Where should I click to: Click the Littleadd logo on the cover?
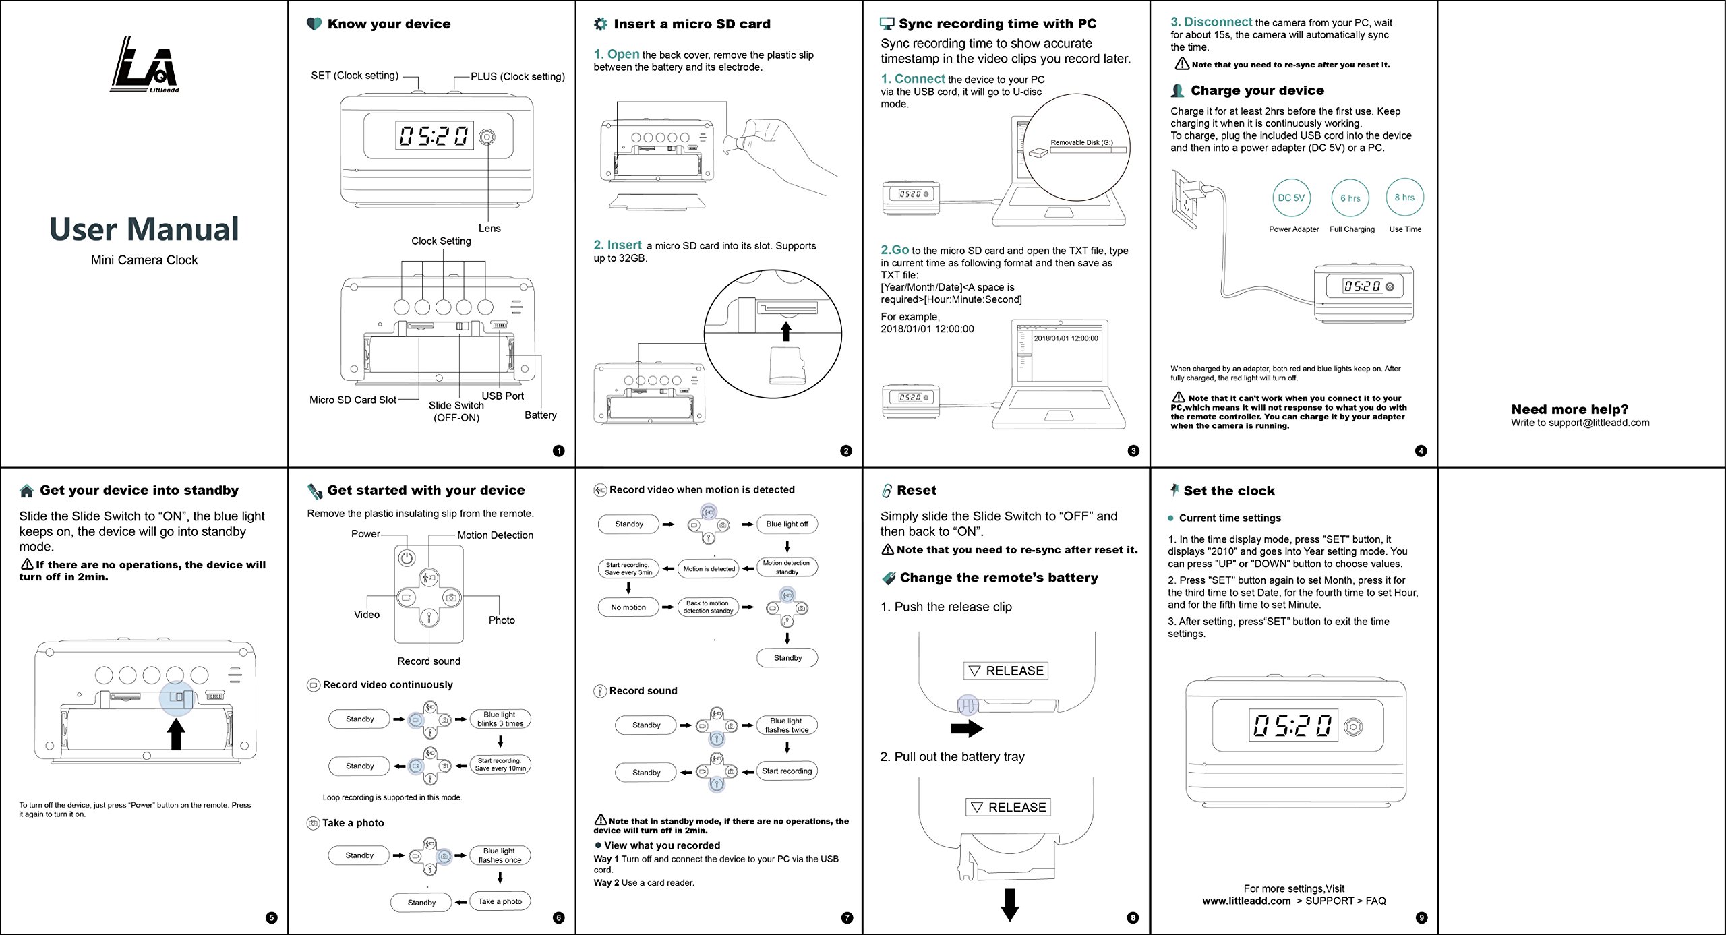[144, 65]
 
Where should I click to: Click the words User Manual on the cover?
[144, 229]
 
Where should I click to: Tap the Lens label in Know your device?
[489, 229]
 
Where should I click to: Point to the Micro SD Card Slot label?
[353, 400]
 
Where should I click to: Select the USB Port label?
[502, 396]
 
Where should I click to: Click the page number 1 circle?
[558, 451]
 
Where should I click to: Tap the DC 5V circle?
[1291, 198]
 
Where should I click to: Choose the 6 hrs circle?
[1350, 198]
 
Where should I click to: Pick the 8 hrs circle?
[1404, 198]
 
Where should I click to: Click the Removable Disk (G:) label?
[1081, 142]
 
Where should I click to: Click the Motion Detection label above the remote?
[495, 535]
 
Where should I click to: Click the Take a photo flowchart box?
[500, 901]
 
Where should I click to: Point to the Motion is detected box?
[709, 569]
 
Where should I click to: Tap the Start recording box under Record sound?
[787, 771]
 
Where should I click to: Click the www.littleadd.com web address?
[1246, 901]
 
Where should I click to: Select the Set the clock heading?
[1228, 491]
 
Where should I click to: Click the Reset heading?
[916, 490]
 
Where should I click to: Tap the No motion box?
[628, 607]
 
